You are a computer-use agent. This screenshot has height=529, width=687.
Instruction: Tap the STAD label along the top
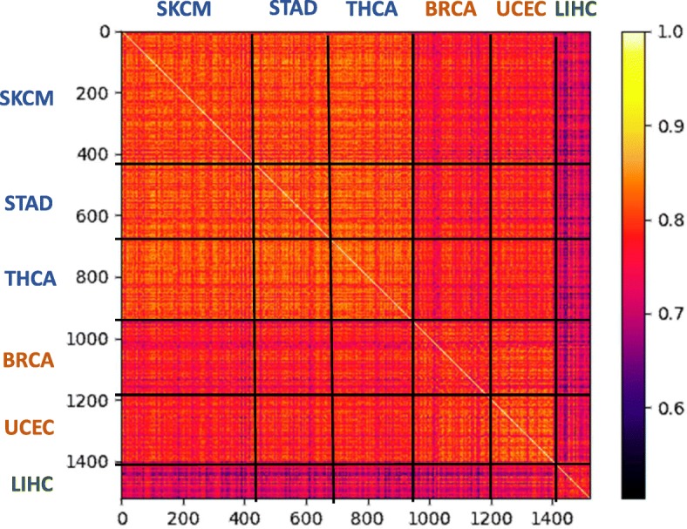(x=294, y=10)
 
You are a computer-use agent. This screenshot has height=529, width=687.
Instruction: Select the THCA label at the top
(x=371, y=10)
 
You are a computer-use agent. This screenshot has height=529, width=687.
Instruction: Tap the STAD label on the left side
(x=28, y=204)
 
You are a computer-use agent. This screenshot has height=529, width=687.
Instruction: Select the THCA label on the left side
(x=30, y=279)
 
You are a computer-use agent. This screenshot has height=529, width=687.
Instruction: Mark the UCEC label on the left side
(x=30, y=428)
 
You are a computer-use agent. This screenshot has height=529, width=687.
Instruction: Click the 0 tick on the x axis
(x=121, y=516)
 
